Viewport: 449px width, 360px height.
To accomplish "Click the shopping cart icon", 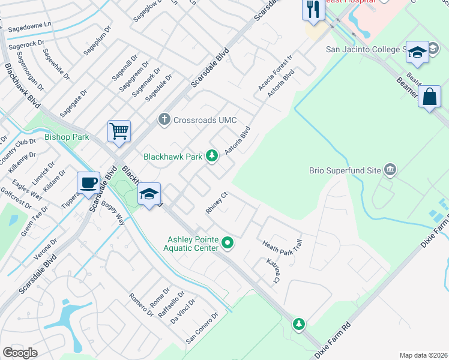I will click(x=119, y=131).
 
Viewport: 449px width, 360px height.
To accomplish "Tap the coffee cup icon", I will click(x=89, y=182).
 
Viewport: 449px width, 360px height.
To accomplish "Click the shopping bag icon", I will click(x=430, y=97).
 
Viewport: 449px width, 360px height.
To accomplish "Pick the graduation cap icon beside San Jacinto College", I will click(x=417, y=52).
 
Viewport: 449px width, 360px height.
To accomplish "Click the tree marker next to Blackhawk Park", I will click(x=211, y=156).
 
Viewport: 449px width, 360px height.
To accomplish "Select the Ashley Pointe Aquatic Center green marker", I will click(x=227, y=243).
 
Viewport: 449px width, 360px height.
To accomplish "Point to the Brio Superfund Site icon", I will click(x=391, y=170).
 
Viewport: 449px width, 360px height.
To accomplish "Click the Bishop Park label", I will click(x=67, y=137).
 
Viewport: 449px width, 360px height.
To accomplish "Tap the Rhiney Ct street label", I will click(x=217, y=198).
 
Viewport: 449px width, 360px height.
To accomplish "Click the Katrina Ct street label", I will click(x=273, y=271).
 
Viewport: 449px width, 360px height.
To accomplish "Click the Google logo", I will click(x=20, y=353).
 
